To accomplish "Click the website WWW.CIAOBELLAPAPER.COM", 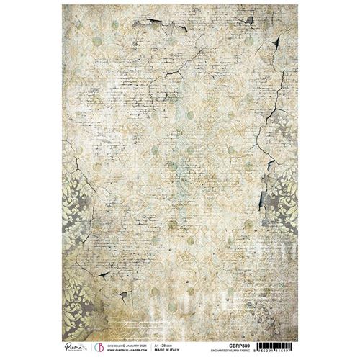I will click(x=130, y=348).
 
